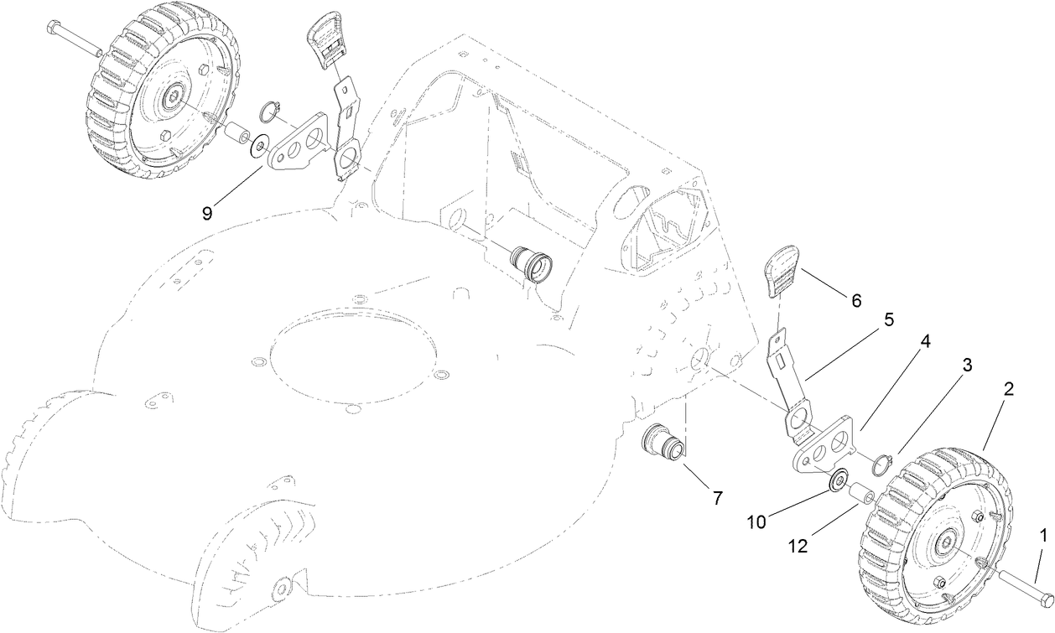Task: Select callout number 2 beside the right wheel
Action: [x=1009, y=389]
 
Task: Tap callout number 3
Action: [x=967, y=365]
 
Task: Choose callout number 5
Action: [x=888, y=319]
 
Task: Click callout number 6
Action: [x=856, y=299]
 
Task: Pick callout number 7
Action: [x=717, y=497]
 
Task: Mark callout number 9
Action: [x=206, y=212]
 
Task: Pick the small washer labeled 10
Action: [x=835, y=483]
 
